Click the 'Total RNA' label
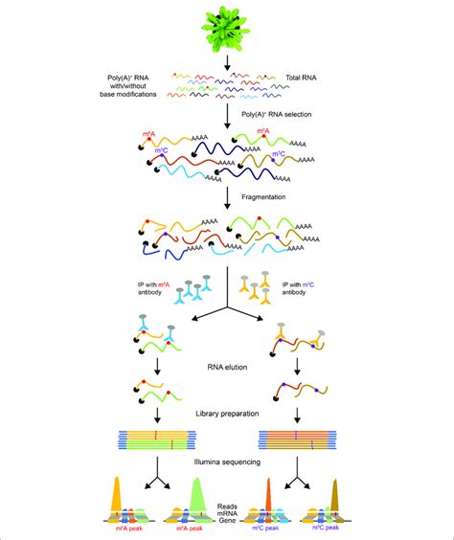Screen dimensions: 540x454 coord(304,76)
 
